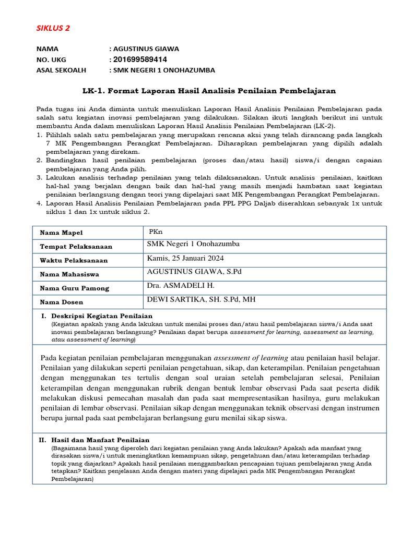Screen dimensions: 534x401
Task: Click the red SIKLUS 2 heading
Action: [53, 28]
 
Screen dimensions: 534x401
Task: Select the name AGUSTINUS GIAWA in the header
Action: [146, 49]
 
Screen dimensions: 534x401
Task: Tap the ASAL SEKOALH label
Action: [61, 70]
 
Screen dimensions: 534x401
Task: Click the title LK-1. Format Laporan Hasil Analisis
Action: [209, 91]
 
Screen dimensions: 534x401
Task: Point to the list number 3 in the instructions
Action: [40, 178]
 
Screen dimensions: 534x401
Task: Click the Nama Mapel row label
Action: [61, 233]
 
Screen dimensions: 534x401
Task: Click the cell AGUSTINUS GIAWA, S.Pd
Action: [194, 272]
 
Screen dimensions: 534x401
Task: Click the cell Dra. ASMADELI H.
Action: [181, 285]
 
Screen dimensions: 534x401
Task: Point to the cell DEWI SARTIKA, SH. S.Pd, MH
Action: [202, 299]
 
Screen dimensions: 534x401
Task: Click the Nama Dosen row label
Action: [61, 302]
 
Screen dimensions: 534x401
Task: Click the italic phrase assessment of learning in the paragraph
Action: [251, 358]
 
